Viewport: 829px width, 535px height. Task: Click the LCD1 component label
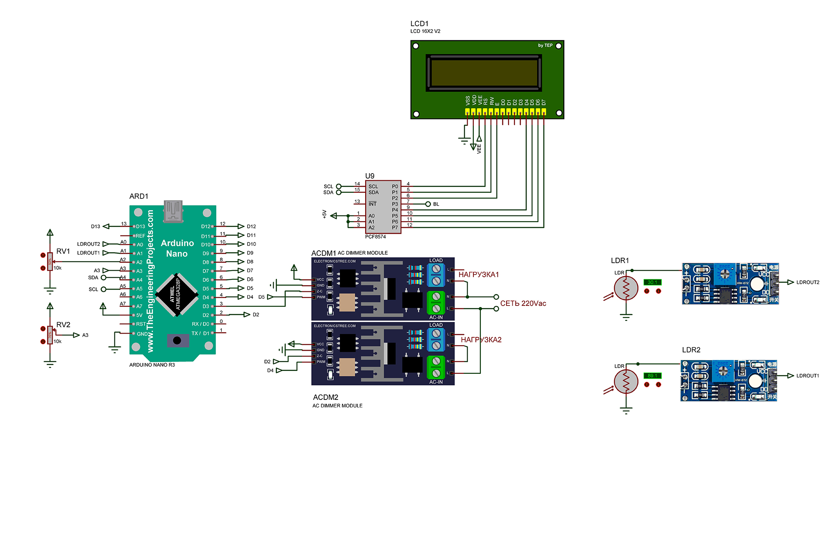click(419, 24)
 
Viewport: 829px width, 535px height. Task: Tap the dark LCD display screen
click(484, 73)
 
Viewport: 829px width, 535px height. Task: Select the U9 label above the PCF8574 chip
click(370, 176)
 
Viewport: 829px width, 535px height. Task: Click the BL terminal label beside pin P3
click(436, 204)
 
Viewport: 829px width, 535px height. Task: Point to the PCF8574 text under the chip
click(375, 237)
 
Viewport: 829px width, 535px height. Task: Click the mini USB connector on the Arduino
click(173, 211)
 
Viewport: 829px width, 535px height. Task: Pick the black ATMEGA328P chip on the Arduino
click(176, 294)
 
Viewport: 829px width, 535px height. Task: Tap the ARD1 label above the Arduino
click(138, 196)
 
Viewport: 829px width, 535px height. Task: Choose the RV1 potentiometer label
click(63, 251)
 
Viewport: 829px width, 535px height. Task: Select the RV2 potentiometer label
click(63, 324)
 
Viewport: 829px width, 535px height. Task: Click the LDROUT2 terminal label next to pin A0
click(88, 244)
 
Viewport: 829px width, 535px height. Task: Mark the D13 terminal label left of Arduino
click(95, 227)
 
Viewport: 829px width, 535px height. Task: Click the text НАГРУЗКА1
click(478, 275)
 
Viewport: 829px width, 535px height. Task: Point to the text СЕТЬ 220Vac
click(523, 303)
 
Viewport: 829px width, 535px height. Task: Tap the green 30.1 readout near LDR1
click(652, 282)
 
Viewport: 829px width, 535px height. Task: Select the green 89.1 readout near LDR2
click(652, 376)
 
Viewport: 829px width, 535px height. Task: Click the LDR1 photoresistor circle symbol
click(626, 288)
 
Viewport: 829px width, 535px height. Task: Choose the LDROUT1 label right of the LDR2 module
click(807, 376)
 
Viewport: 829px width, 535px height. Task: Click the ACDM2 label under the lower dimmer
click(325, 397)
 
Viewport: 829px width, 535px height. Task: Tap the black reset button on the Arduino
click(177, 340)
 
